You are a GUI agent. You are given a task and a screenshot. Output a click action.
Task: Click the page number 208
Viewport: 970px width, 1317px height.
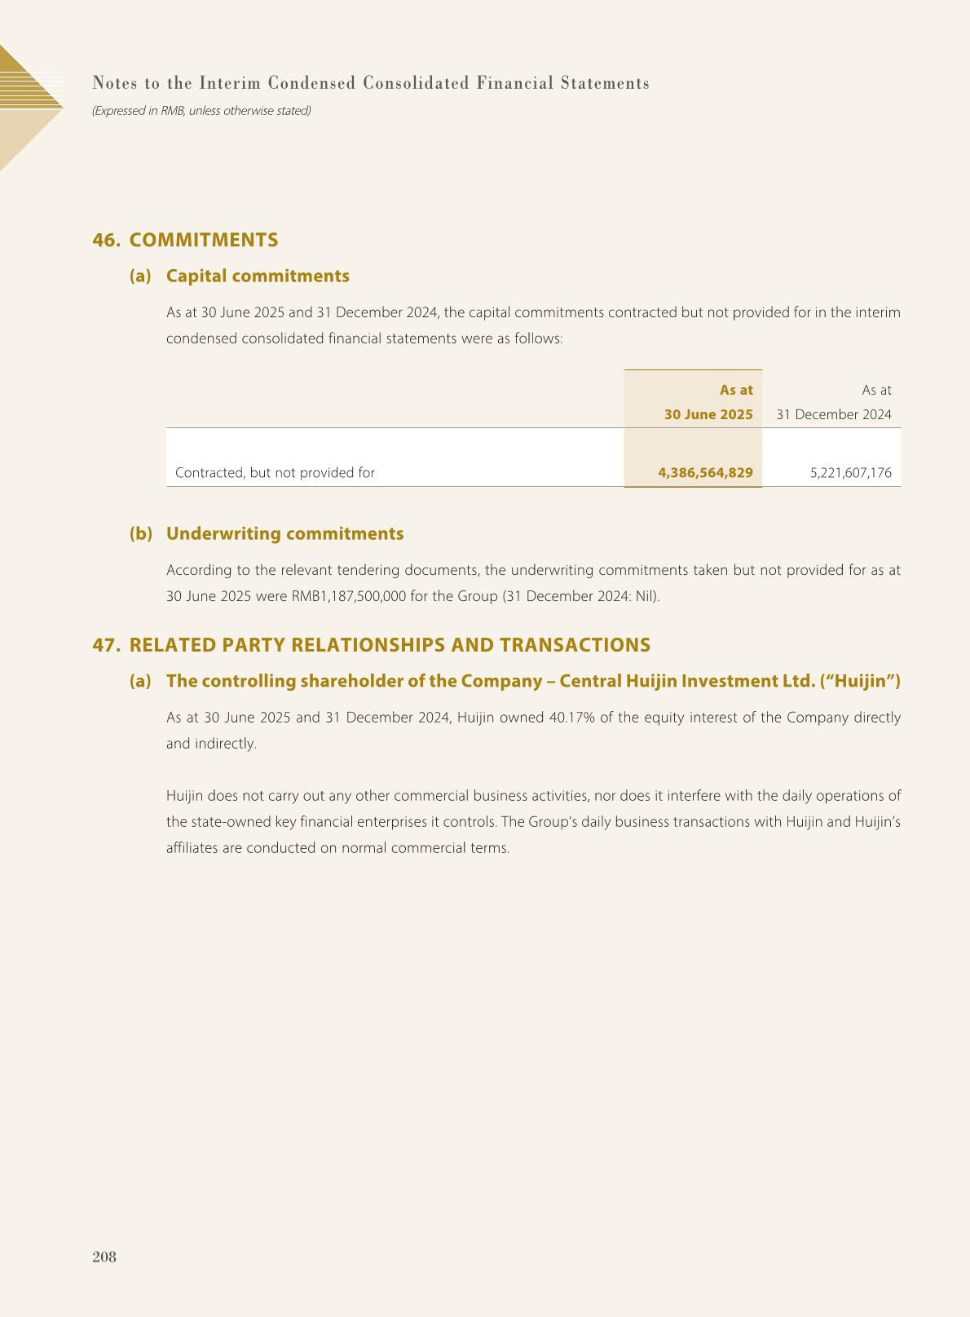pyautogui.click(x=104, y=1257)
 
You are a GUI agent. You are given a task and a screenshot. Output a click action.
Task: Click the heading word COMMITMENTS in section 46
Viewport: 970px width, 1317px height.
pyautogui.click(x=204, y=240)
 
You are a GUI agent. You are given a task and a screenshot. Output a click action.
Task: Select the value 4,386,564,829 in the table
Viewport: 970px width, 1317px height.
pyautogui.click(x=705, y=472)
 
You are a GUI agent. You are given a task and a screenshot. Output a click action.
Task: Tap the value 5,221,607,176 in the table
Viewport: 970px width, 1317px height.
pyautogui.click(x=851, y=472)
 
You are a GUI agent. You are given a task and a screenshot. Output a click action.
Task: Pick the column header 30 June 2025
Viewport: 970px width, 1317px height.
pyautogui.click(x=708, y=414)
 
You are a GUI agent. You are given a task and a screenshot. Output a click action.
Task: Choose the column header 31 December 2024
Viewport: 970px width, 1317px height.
pyautogui.click(x=833, y=414)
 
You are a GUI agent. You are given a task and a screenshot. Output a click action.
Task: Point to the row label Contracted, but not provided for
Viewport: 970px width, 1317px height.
pyautogui.click(x=275, y=472)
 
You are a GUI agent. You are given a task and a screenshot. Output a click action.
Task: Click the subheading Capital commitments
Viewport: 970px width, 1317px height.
pyautogui.click(x=258, y=276)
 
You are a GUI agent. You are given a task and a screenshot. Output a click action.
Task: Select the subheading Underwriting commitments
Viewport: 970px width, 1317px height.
pyautogui.click(x=284, y=533)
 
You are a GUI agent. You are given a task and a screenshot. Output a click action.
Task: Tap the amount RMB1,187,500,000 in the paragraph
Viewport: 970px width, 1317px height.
pyautogui.click(x=348, y=596)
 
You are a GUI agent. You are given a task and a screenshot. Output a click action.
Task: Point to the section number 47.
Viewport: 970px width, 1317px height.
pyautogui.click(x=106, y=645)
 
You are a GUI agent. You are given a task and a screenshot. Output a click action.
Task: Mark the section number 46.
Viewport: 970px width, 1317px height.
pyautogui.click(x=106, y=240)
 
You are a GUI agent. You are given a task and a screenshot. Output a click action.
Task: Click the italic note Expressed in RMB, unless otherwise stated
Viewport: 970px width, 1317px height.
pyautogui.click(x=201, y=110)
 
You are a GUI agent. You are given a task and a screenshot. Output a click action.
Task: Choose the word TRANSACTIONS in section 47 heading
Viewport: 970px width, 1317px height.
pyautogui.click(x=575, y=645)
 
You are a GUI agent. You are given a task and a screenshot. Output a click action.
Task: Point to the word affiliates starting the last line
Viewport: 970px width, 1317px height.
pyautogui.click(x=192, y=847)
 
